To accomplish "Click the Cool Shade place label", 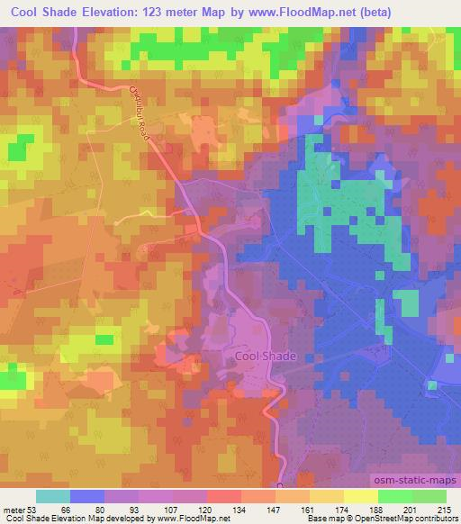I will (265, 357).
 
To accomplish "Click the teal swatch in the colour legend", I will (53, 497).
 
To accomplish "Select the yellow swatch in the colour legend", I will (361, 497).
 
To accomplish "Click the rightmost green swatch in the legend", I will (429, 497).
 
